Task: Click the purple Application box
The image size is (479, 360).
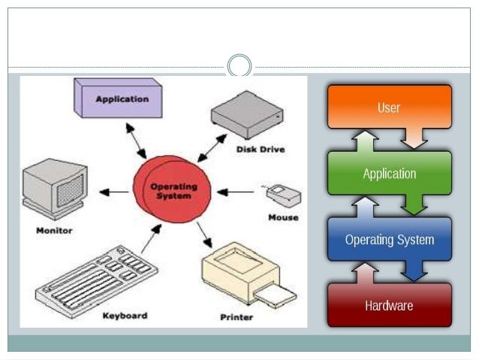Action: (x=121, y=99)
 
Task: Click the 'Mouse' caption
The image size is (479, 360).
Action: (x=282, y=217)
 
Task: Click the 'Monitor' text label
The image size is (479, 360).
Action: (x=54, y=230)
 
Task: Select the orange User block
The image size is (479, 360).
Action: (x=389, y=107)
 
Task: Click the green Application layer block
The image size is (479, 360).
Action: (x=389, y=174)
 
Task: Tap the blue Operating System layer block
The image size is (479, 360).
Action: (x=389, y=240)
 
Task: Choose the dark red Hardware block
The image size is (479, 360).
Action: (x=389, y=306)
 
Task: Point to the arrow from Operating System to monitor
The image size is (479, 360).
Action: (x=113, y=192)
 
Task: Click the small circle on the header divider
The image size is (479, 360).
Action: (x=239, y=66)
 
